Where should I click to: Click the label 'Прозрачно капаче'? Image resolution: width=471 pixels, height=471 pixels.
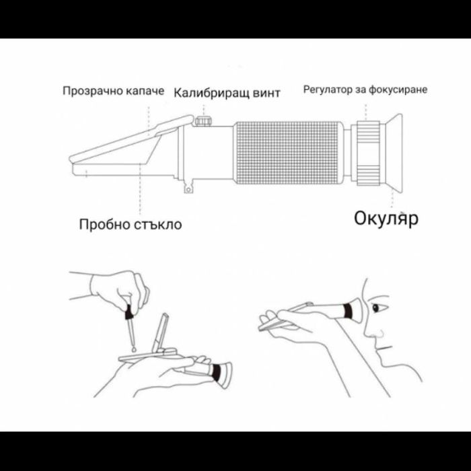tap(113, 91)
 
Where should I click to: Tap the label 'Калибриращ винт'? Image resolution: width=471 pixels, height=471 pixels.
tap(227, 92)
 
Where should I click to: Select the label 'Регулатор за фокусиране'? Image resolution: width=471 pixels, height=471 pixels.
tap(365, 89)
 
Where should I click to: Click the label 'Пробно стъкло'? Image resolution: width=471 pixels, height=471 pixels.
tap(130, 224)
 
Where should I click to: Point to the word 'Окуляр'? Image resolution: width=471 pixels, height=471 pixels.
tap(386, 219)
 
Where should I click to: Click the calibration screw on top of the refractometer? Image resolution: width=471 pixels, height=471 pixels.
tap(202, 121)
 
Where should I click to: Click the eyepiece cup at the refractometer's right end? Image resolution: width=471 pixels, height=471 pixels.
tap(392, 151)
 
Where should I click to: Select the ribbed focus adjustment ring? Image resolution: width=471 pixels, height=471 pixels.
tap(367, 153)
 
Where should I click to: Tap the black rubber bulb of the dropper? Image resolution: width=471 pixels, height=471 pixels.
tap(126, 312)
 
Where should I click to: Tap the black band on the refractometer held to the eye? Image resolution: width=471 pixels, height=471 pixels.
tap(347, 311)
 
